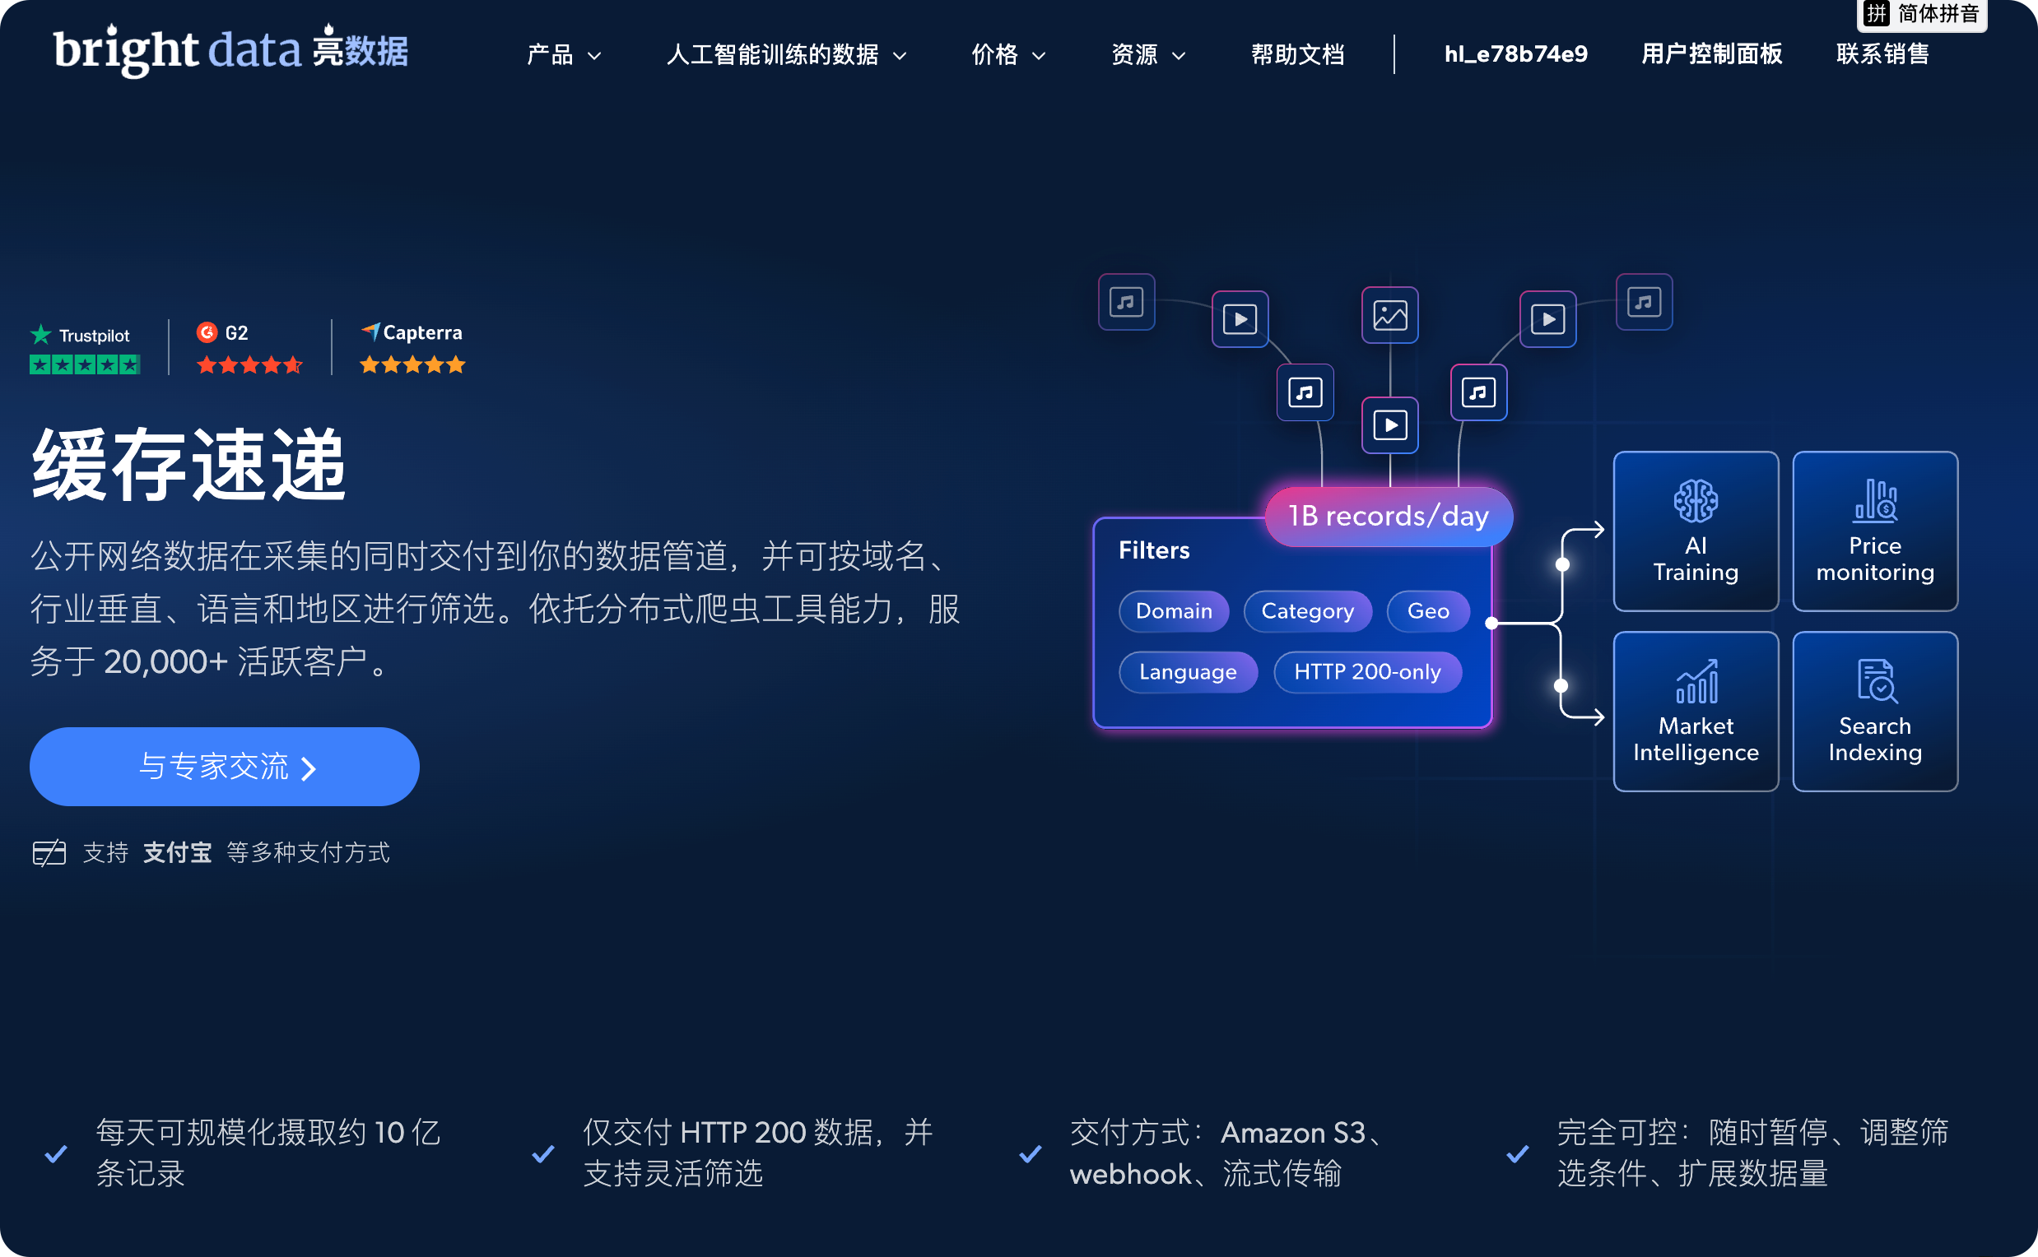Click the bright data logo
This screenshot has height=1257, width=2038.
(x=230, y=50)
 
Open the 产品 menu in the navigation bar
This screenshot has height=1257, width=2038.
(x=563, y=55)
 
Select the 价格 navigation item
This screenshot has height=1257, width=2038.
(x=1008, y=55)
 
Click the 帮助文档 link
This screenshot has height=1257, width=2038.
(x=1298, y=55)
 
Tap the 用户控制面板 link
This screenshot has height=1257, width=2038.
(x=1711, y=54)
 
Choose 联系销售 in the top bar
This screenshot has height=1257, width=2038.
(x=1882, y=54)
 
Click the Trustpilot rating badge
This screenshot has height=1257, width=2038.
(x=84, y=348)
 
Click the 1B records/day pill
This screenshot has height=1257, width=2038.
(x=1389, y=517)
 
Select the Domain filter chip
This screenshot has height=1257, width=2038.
(x=1174, y=611)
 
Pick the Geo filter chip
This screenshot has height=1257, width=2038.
(x=1427, y=611)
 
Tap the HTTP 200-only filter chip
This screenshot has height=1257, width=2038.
(x=1366, y=672)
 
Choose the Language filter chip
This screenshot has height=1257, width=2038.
(x=1188, y=672)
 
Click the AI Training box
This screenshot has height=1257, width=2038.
(x=1696, y=531)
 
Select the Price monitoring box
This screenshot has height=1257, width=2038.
(x=1875, y=531)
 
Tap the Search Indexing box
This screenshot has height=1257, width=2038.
(x=1875, y=712)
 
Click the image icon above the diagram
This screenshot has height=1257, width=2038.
(x=1389, y=315)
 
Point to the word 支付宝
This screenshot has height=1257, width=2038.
(x=177, y=852)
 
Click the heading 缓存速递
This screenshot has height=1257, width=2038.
(x=188, y=465)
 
